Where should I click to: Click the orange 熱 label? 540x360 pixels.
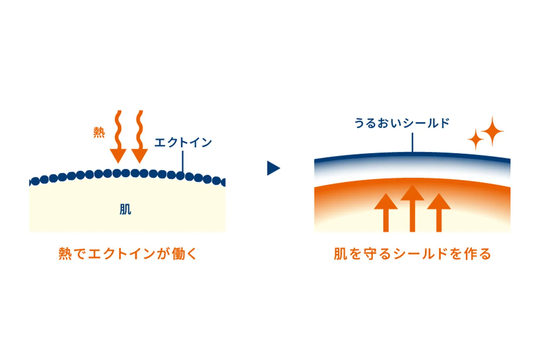tap(99, 133)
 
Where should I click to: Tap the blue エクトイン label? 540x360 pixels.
tap(183, 142)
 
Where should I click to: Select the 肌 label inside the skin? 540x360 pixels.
tap(125, 210)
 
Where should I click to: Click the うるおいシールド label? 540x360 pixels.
tap(402, 123)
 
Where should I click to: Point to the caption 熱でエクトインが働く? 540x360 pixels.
tap(127, 254)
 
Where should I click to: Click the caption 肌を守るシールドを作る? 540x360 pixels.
tap(412, 254)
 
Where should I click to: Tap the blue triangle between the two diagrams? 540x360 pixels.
tap(273, 168)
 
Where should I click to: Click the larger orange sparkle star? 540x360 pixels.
tap(492, 131)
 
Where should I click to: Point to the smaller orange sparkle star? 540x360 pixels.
tap(476, 139)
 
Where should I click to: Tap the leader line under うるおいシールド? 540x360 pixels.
tap(412, 142)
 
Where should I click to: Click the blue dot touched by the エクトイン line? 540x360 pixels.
tap(181, 176)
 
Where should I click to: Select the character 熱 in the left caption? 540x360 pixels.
tap(65, 254)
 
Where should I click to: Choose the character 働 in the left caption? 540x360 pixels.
tap(179, 254)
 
